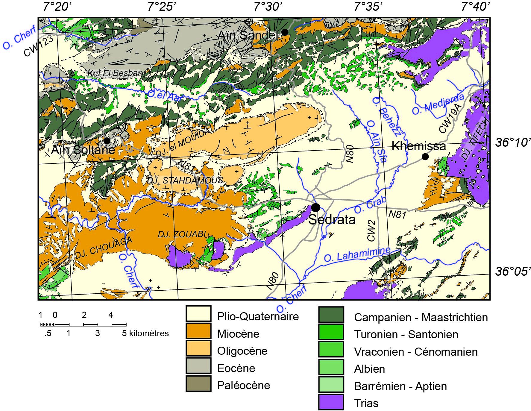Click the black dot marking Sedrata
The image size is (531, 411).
click(x=315, y=207)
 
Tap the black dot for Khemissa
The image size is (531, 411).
click(x=425, y=157)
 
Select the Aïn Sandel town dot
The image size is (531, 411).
click(x=285, y=32)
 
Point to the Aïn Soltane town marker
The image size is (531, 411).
click(x=107, y=140)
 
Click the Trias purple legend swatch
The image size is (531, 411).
click(x=331, y=403)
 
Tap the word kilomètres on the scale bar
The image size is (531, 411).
click(x=149, y=333)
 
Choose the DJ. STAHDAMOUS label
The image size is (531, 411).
click(x=185, y=180)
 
